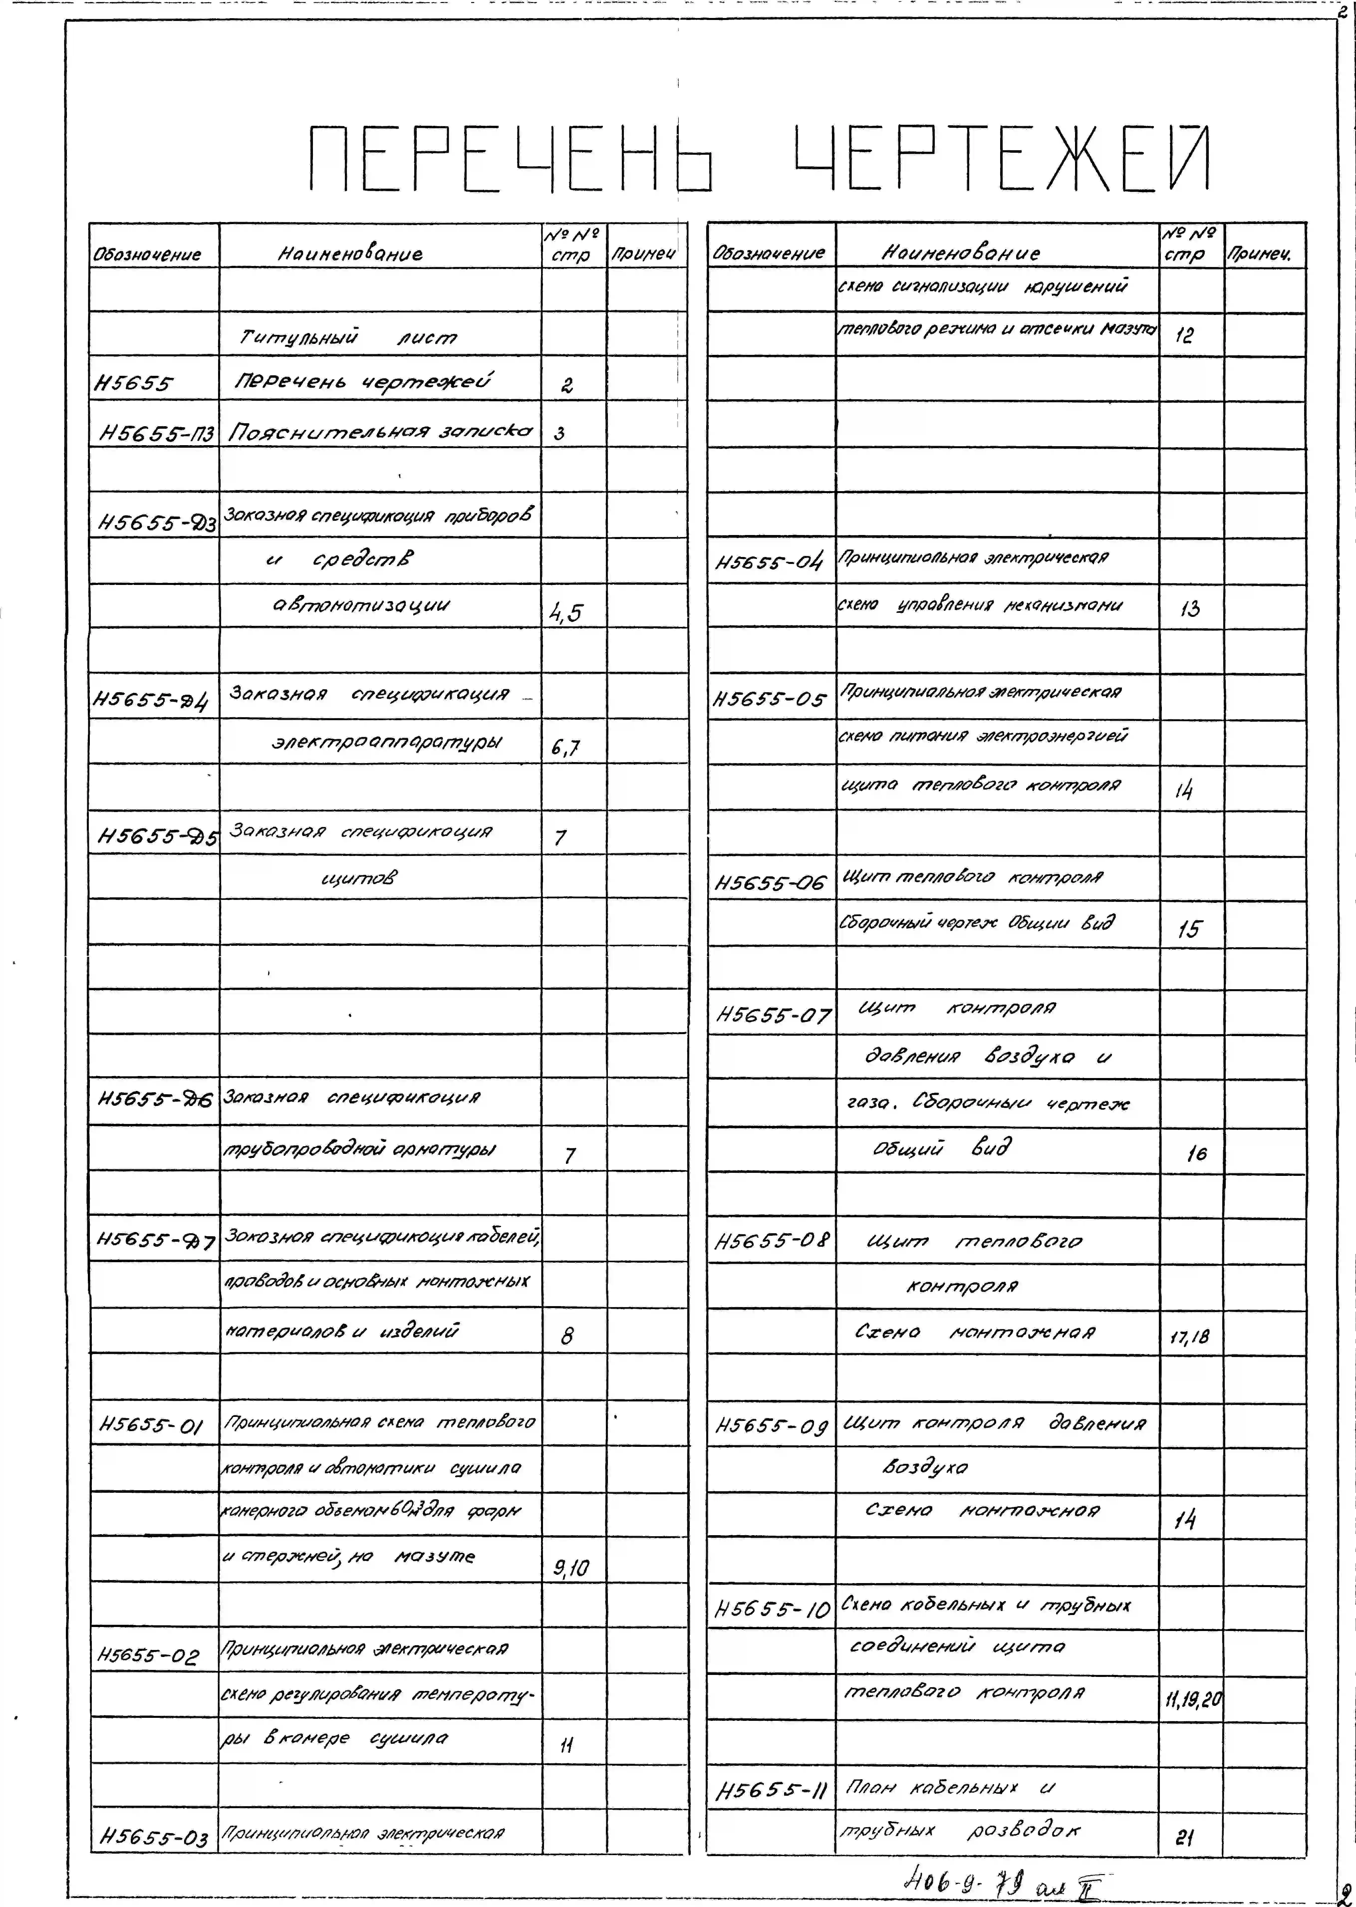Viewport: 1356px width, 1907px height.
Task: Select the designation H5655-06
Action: [x=770, y=883]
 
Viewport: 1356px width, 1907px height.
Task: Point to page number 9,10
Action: [x=571, y=1568]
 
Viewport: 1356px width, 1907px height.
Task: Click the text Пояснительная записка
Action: [x=380, y=432]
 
